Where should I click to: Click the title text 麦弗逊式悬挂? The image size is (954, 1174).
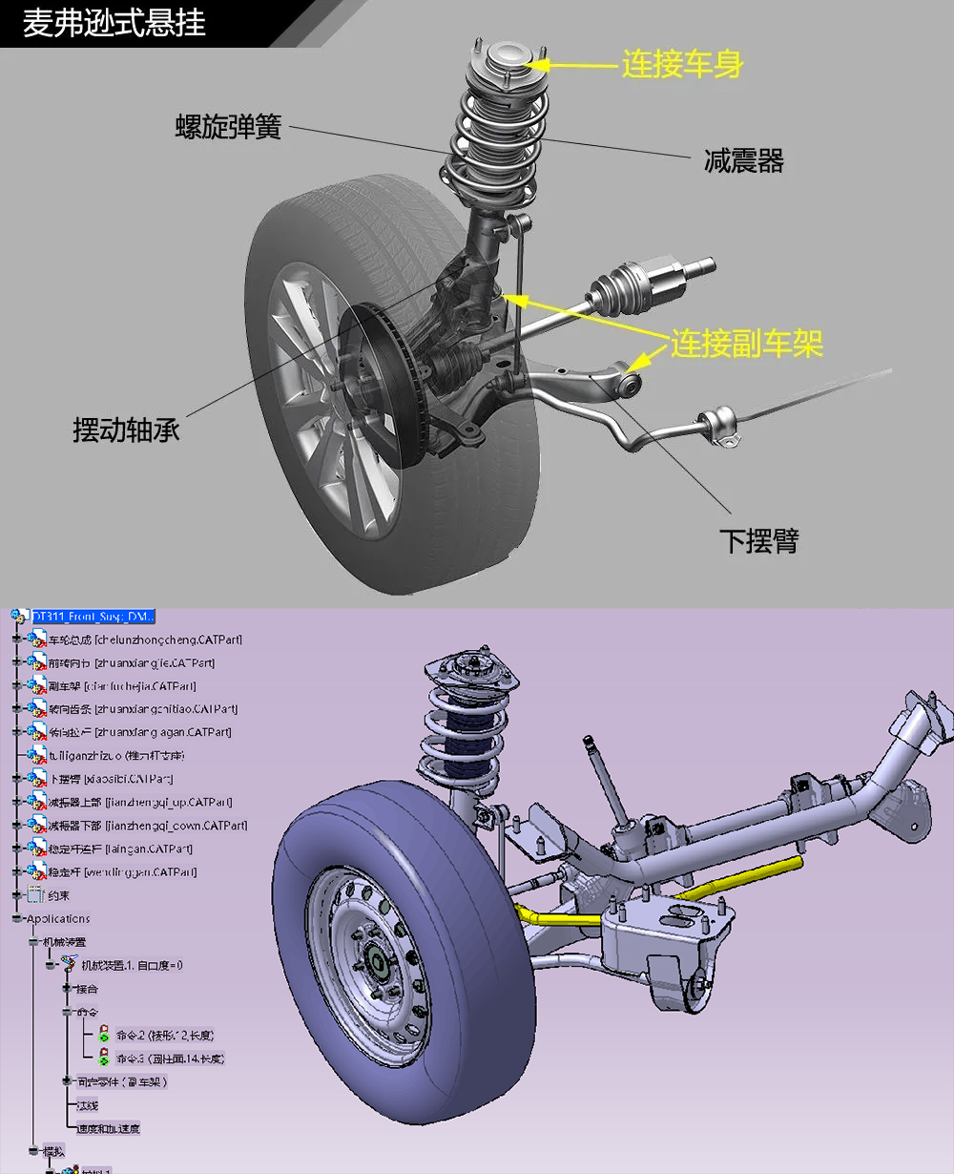(x=114, y=23)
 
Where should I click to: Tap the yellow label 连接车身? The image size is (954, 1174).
(x=681, y=65)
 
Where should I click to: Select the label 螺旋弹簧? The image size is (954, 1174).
(x=229, y=127)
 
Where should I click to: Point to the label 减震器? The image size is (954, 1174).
(x=743, y=161)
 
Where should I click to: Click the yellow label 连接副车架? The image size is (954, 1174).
(x=746, y=344)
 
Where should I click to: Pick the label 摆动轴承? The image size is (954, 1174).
(x=127, y=430)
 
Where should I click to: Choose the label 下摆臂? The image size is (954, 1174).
(x=759, y=541)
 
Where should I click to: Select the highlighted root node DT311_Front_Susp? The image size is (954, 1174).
(x=93, y=617)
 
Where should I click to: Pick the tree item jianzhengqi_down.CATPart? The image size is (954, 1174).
(x=148, y=826)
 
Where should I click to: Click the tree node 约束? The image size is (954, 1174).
(x=58, y=895)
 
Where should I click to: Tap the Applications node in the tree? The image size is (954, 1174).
(x=58, y=919)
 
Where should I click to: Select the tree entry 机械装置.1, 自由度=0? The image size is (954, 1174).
(x=132, y=965)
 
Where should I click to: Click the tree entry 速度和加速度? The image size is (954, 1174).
(x=109, y=1128)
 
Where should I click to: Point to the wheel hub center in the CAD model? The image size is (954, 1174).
(x=374, y=964)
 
